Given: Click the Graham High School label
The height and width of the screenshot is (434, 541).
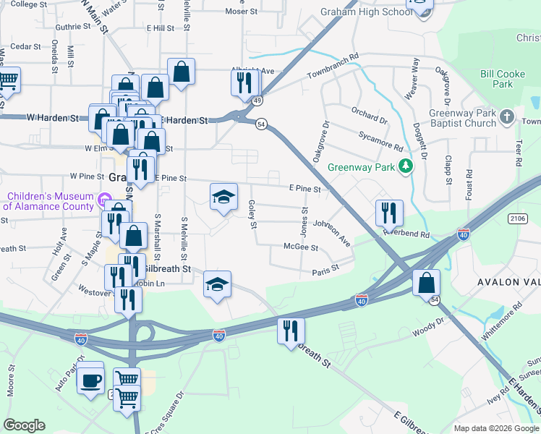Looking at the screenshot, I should point(356,12).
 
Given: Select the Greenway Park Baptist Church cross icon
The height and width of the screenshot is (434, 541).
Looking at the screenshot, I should point(507,116).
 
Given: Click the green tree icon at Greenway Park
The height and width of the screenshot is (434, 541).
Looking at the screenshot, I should point(406,166).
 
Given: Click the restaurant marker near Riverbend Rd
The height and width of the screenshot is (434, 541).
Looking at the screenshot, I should point(389,213).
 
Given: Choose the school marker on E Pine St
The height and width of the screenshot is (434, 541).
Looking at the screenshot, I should point(223,197).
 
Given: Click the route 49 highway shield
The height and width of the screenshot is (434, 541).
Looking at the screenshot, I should point(257,102).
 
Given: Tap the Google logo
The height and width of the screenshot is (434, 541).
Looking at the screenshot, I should point(24,425).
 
